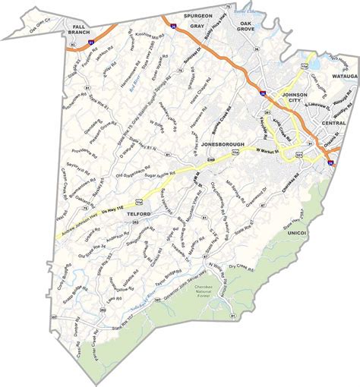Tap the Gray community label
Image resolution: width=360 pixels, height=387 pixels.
pos(197,27)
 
